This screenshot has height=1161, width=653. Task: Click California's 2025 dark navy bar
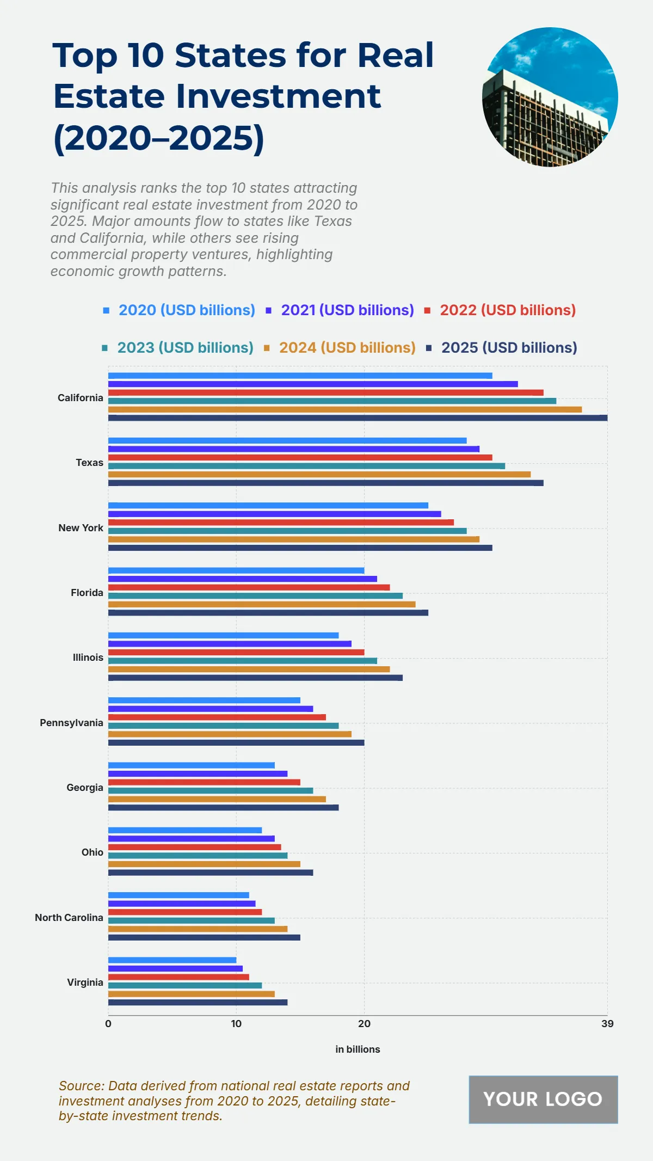(358, 418)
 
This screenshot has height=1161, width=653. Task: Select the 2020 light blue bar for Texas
(287, 440)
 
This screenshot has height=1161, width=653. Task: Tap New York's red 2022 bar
(281, 523)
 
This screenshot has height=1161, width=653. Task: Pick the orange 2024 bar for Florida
(262, 604)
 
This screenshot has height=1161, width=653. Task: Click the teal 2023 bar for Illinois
(243, 661)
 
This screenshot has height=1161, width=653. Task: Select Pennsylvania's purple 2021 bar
(211, 709)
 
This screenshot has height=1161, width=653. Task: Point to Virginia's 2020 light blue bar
(172, 960)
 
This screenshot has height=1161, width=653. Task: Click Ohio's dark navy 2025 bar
(211, 873)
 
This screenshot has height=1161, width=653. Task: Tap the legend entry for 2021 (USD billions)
(347, 310)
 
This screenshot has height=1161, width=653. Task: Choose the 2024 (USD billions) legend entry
(347, 348)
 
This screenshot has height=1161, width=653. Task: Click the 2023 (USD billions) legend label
(185, 348)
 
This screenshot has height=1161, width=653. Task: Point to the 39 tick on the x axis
(607, 1024)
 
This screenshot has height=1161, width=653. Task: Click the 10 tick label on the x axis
(236, 1024)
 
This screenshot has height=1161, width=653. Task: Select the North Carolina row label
(69, 918)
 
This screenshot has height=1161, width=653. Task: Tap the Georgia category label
(85, 788)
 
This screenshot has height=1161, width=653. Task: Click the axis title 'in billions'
(358, 1049)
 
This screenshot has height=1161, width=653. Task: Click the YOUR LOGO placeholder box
(543, 1099)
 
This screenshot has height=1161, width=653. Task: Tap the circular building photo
(550, 97)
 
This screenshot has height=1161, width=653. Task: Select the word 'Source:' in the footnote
(82, 1086)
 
